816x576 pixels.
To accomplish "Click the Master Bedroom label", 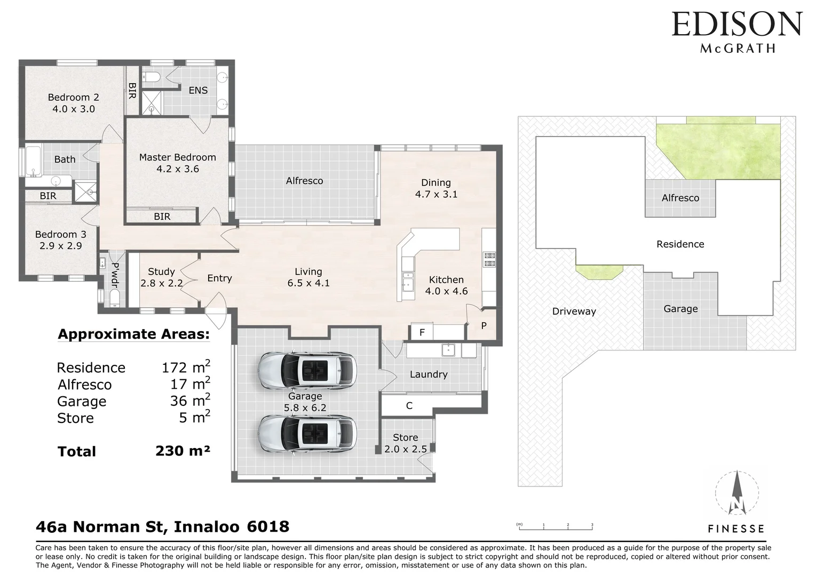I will point(177,157).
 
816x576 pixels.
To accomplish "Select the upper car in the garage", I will point(307,369).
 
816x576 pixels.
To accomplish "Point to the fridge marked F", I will point(422,332).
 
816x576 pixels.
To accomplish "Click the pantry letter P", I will point(484,325).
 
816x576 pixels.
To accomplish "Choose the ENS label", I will point(198,90).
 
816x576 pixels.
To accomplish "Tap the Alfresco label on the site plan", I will point(680,198).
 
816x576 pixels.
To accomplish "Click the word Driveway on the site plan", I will point(574,311).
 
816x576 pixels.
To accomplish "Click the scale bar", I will point(555,527).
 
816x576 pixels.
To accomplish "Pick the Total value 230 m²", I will point(183,451).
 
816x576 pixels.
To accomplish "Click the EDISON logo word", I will point(736,24).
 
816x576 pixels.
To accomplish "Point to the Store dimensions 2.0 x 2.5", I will point(406,449).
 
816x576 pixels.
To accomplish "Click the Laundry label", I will point(428,374).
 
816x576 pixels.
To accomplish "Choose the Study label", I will point(161,271).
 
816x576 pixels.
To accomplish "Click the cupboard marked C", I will point(409,406).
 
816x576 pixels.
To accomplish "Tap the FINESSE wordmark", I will point(736,529).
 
